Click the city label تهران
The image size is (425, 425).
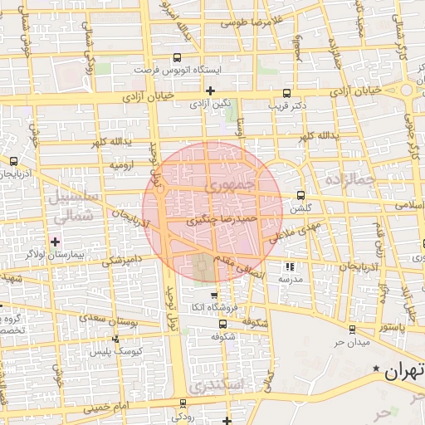[x=404, y=371]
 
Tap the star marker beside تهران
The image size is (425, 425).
[x=377, y=368]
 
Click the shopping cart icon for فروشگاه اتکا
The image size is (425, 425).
[x=215, y=295]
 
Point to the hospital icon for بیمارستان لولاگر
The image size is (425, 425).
[x=56, y=242]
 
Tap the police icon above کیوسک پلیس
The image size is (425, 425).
[x=115, y=339]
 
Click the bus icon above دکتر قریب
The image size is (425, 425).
[x=287, y=94]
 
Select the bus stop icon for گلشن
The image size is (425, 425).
[x=300, y=196]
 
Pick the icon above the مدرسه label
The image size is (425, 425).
[x=290, y=266]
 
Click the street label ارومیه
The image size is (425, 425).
[x=123, y=165]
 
